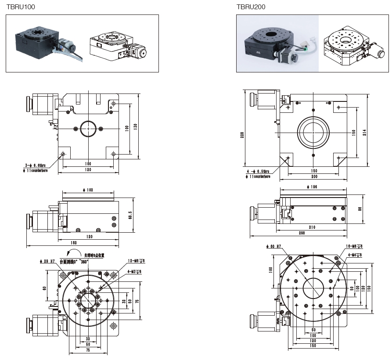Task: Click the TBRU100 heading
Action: point(21,7)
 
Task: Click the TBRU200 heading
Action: point(251,7)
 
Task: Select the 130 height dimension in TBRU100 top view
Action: point(136,126)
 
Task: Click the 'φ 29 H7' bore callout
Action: point(47,261)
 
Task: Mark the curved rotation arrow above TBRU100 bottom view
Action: point(70,253)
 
